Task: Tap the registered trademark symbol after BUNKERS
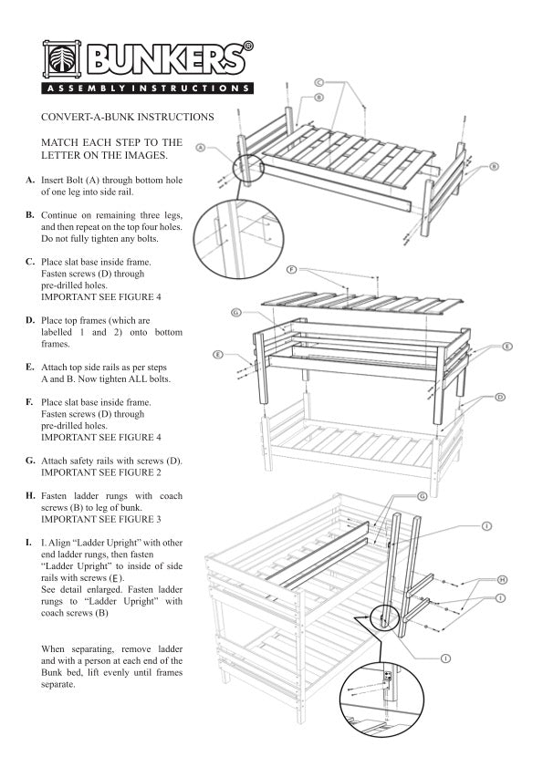tap(248, 46)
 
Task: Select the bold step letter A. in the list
tap(31, 180)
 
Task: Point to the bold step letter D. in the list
tap(31, 321)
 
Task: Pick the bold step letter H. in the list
tap(31, 496)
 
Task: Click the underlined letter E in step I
tap(114, 578)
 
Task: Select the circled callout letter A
tap(201, 145)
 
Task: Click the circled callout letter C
tap(319, 83)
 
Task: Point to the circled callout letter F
tap(291, 270)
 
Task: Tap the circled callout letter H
tap(501, 579)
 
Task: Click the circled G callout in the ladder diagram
tap(422, 496)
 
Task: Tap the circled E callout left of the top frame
tap(218, 353)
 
